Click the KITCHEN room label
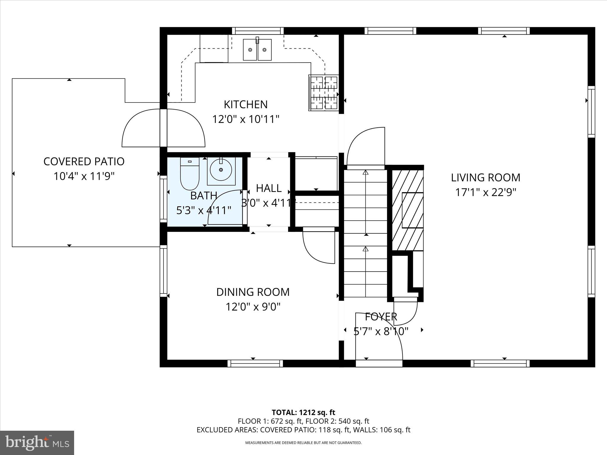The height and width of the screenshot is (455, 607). tap(245, 104)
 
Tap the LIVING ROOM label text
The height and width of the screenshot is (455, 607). tap(485, 177)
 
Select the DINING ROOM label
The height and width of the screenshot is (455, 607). tap(253, 292)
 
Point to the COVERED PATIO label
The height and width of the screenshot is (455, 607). tap(84, 161)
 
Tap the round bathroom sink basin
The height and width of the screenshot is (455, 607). tap(221, 169)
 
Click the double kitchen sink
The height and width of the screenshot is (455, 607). tap(257, 49)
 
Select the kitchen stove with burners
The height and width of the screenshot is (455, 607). tap(324, 93)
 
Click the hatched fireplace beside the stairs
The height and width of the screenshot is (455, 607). tap(408, 210)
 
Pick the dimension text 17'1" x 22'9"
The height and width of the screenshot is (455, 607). tap(485, 193)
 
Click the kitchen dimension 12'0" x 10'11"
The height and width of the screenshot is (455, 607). tap(246, 119)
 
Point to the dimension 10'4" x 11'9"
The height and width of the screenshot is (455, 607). tap(84, 176)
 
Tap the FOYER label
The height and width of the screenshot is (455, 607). tap(381, 317)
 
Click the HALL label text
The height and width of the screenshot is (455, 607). tap(269, 188)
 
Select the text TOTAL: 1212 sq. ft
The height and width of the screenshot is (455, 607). tap(303, 412)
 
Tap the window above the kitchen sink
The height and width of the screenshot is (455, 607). tap(258, 31)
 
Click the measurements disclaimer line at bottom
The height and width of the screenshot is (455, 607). tap(303, 443)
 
